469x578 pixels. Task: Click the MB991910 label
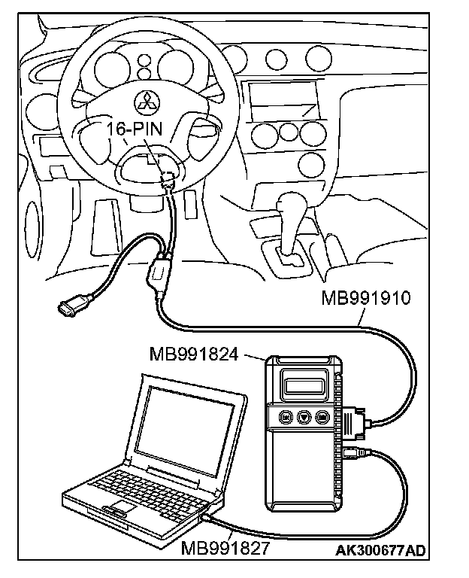365,298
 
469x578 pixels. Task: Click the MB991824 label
193,353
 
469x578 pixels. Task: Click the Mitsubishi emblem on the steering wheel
144,100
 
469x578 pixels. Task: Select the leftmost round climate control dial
263,136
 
